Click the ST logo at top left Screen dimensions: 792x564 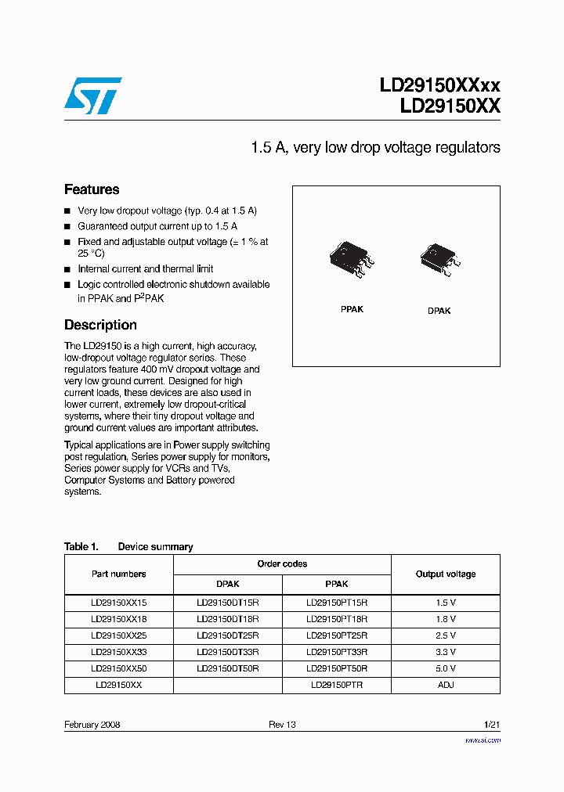pos(92,95)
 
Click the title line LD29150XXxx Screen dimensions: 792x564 pos(439,85)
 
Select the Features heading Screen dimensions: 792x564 pos(92,189)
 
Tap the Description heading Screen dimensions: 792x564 pos(100,325)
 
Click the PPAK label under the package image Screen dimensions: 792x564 pos(352,309)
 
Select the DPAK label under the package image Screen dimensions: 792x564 pos(439,311)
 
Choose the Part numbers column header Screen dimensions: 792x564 pos(118,574)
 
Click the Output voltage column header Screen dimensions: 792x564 pos(445,574)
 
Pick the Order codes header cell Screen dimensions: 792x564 pos(282,563)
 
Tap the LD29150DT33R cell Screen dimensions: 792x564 pos(227,651)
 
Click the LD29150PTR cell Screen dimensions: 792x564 pos(336,684)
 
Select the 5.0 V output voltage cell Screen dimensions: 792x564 pos(446,668)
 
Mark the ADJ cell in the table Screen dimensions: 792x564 pos(446,684)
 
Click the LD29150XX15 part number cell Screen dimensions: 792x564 pos(118,603)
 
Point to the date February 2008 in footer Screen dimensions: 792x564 pos(92,725)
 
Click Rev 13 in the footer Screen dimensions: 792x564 pos(282,725)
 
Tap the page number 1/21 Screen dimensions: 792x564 pos(491,725)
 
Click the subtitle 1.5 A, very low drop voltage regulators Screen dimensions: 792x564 pos(375,147)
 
